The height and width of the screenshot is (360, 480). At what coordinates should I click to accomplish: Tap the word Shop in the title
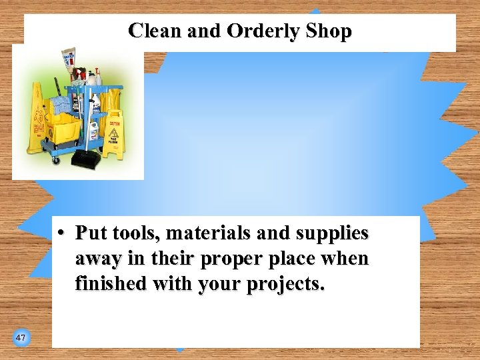tap(327, 31)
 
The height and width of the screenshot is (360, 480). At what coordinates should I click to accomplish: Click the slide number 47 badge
tap(21, 338)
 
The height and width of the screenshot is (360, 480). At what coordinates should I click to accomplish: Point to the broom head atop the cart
tap(69, 57)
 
